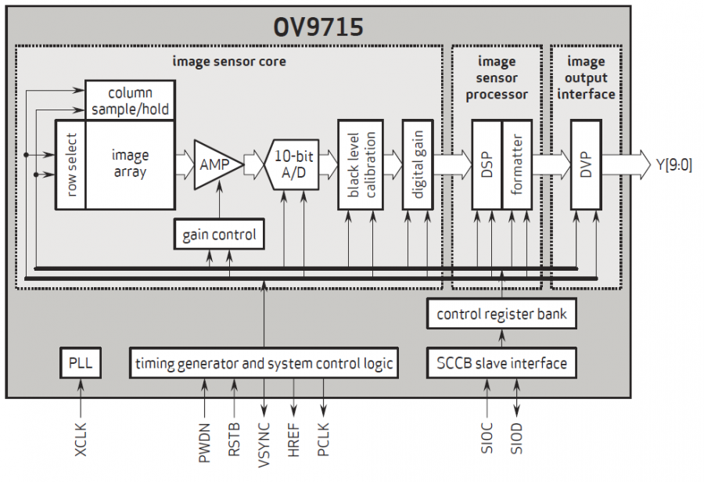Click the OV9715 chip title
tap(318, 28)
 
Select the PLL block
tap(80, 364)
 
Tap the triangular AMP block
tap(213, 164)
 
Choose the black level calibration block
tap(360, 165)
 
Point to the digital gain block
tap(418, 165)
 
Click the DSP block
tap(486, 165)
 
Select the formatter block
tap(516, 165)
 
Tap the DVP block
tap(585, 165)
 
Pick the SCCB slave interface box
tap(501, 364)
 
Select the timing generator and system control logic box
tap(264, 364)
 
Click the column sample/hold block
tap(130, 100)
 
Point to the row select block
tap(70, 165)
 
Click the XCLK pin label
tap(80, 441)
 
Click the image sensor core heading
tap(228, 60)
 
